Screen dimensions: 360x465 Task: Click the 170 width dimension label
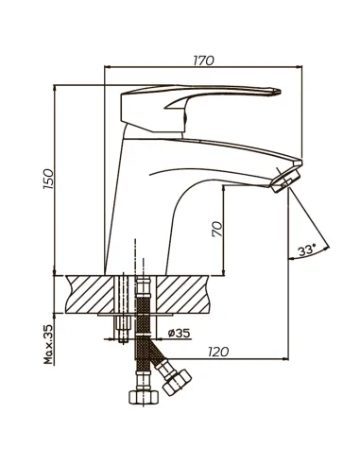[203, 60]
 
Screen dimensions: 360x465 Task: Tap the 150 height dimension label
[48, 179]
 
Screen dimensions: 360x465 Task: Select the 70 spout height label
[217, 229]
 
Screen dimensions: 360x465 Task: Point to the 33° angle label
[307, 250]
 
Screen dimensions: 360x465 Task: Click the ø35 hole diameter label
[180, 333]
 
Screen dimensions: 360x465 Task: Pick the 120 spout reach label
[218, 352]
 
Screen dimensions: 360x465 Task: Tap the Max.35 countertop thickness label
[48, 344]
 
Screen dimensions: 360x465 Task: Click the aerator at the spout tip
[285, 181]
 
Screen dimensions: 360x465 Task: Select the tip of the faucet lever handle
[280, 92]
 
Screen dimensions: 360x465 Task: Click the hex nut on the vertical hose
[143, 397]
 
